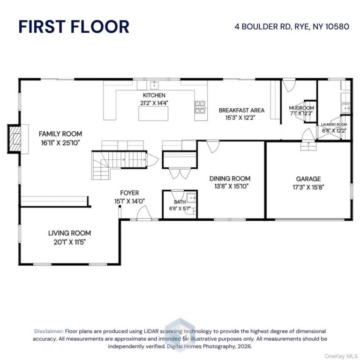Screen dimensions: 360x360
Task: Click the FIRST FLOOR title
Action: point(74,27)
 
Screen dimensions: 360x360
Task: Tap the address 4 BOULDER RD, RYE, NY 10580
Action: point(292,27)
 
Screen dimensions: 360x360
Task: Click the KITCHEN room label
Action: point(154,95)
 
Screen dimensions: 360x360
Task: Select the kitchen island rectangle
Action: point(153,113)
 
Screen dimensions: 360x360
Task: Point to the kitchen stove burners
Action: point(200,107)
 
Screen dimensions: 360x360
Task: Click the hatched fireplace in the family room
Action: point(15,139)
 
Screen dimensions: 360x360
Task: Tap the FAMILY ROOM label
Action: point(60,134)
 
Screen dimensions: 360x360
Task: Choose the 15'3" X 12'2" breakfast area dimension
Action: point(240,118)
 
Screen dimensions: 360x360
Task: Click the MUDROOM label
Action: point(301,108)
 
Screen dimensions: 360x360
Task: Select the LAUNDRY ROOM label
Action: point(334,124)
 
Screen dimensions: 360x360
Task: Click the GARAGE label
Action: point(308,179)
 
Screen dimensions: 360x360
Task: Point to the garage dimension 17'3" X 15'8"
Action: point(308,187)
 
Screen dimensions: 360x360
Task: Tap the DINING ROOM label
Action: point(230,179)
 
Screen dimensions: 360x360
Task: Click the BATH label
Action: point(180,202)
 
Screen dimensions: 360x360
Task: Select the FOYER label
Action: point(129,193)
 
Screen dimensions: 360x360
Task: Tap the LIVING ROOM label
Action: point(69,233)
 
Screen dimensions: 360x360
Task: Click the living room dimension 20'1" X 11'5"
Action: point(69,242)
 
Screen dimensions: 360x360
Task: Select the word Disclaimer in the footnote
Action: point(49,331)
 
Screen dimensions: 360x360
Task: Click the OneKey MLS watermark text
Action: point(341,356)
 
